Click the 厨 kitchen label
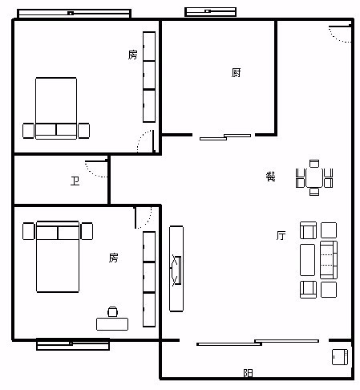pyautogui.click(x=236, y=72)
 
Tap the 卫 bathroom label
pyautogui.click(x=75, y=181)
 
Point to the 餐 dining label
pyautogui.click(x=270, y=177)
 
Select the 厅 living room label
pyautogui.click(x=281, y=235)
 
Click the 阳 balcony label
pyautogui.click(x=249, y=373)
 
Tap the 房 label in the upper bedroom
pyautogui.click(x=132, y=55)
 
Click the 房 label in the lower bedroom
pyautogui.click(x=113, y=258)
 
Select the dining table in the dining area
pyautogui.click(x=314, y=177)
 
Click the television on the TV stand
pyautogui.click(x=176, y=270)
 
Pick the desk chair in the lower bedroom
pyautogui.click(x=112, y=311)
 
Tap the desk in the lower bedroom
pyautogui.click(x=112, y=324)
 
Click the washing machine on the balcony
pyautogui.click(x=340, y=357)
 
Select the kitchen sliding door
pyautogui.click(x=225, y=137)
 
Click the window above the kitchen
pyautogui.click(x=211, y=12)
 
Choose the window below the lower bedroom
pyautogui.click(x=73, y=344)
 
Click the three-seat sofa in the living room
pyautogui.click(x=329, y=260)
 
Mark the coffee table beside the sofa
pyautogui.click(x=307, y=260)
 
